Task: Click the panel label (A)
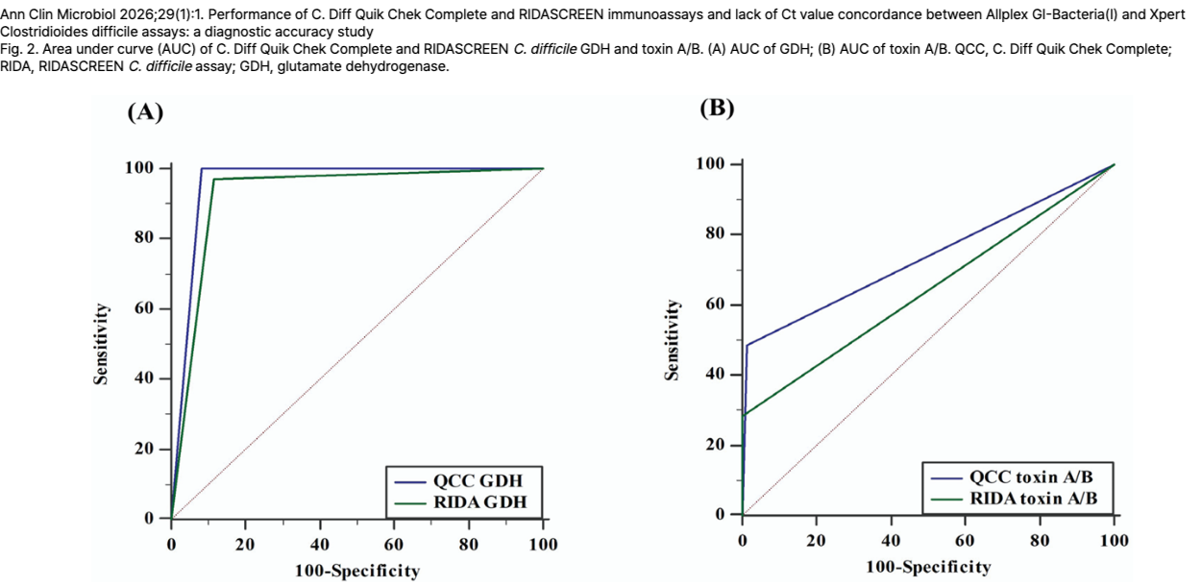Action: (x=145, y=112)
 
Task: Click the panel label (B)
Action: (x=717, y=108)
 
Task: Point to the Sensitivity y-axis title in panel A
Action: (x=100, y=343)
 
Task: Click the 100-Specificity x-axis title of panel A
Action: (x=357, y=571)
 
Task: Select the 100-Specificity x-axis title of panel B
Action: (x=928, y=567)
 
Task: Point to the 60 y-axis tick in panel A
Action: (x=143, y=308)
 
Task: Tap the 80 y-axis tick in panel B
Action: (x=715, y=234)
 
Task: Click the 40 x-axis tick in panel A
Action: (x=320, y=545)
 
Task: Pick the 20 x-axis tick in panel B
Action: (x=817, y=541)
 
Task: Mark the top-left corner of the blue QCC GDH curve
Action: (x=201, y=168)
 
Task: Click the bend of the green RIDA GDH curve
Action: (x=213, y=180)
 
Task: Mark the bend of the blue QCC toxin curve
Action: (x=747, y=345)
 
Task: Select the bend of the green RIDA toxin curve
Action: (x=745, y=414)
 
